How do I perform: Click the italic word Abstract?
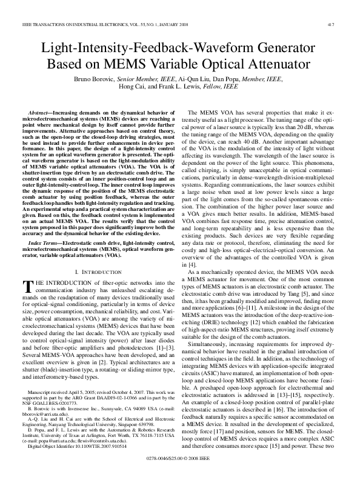click(x=41, y=113)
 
